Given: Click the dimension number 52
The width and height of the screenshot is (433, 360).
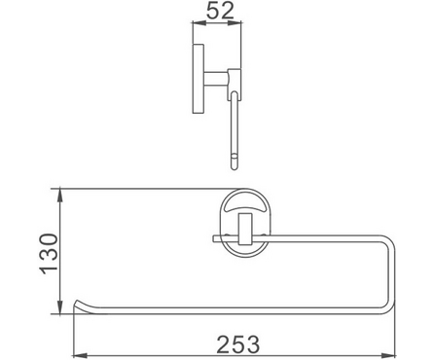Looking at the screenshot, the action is coord(220,10).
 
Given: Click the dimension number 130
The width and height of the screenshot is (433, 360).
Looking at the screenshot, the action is coord(49,254).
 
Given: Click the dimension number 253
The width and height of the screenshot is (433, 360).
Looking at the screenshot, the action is coord(238,344).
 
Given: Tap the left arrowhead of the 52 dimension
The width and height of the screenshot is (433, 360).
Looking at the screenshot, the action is coord(199,22).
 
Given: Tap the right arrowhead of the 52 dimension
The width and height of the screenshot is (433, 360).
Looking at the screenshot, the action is coord(235,22).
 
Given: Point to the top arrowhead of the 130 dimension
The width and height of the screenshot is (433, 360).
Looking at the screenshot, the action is coord(60,196).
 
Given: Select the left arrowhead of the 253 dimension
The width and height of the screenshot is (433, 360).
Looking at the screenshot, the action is coord(81,356).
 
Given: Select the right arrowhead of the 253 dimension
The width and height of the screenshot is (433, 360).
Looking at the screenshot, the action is coord(388,356).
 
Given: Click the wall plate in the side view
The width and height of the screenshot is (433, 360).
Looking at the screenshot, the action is coord(198,79).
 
